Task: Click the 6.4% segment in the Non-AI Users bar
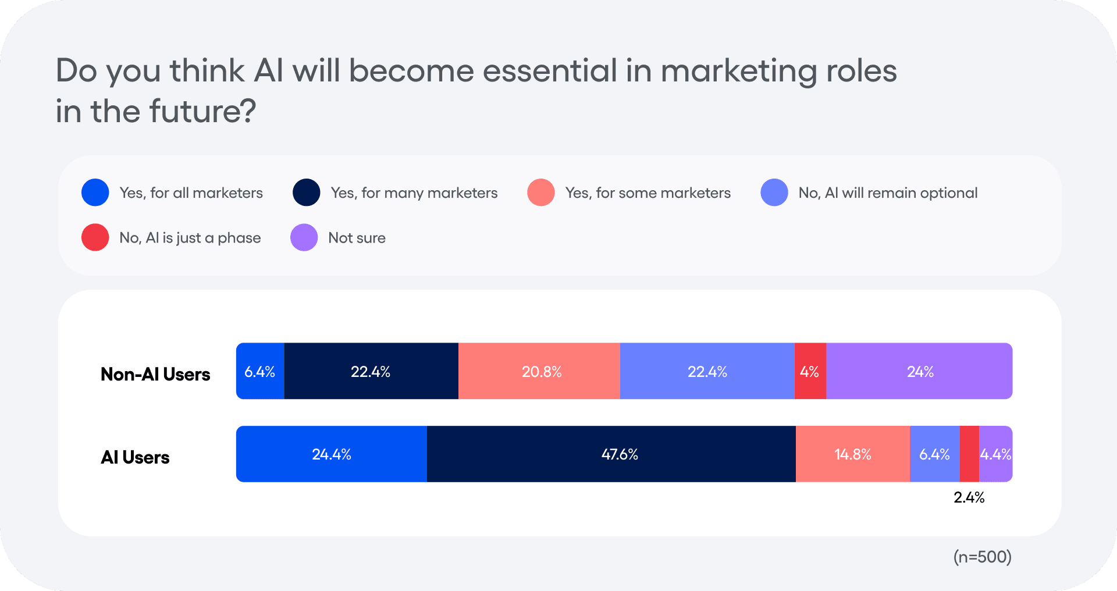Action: point(260,371)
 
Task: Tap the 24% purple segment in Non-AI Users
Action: point(919,371)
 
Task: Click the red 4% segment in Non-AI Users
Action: point(810,371)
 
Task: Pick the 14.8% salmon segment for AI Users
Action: point(852,454)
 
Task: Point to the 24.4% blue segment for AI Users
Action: point(331,454)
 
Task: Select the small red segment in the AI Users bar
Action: point(969,454)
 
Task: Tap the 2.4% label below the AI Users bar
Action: point(969,497)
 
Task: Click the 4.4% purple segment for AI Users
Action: point(996,454)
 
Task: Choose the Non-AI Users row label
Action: point(155,374)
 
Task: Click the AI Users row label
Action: point(135,457)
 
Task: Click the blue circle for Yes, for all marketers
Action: point(95,193)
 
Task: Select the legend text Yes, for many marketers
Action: point(414,193)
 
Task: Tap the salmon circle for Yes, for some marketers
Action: point(540,193)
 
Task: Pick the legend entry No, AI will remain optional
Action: point(887,193)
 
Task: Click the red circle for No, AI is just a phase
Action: point(95,237)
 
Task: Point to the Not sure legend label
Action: point(357,237)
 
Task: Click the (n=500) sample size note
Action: point(982,557)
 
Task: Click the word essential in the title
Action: point(550,71)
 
